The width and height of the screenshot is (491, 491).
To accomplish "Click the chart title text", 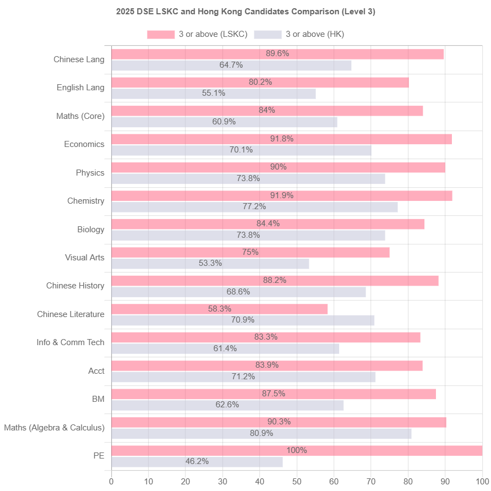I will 245,12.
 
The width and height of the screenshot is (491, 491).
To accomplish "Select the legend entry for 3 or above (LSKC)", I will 197,35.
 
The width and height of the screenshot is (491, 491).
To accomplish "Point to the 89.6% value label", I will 277,53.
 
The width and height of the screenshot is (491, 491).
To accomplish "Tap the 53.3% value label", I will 210,263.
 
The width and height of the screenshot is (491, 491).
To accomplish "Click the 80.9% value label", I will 261,433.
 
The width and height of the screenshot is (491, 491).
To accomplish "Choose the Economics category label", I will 84,144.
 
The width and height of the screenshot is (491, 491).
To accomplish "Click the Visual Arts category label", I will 84,258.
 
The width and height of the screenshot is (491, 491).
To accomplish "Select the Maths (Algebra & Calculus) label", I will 54,428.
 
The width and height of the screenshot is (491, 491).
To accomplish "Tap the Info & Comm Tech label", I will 70,342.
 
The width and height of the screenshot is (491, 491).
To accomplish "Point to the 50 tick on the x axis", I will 297,482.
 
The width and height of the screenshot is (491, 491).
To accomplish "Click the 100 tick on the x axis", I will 482,482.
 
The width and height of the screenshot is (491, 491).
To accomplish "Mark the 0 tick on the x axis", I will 112,482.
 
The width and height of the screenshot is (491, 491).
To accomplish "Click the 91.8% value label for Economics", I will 282,139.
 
